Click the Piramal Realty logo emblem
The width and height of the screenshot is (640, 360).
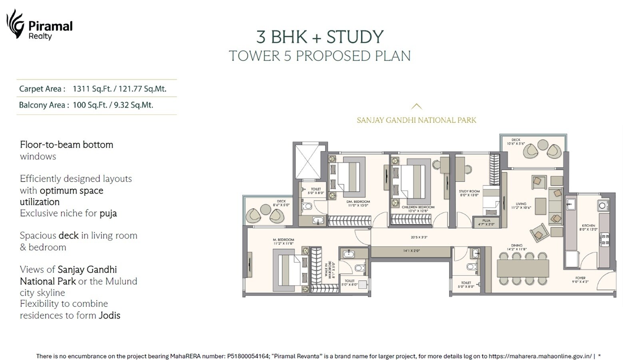click(x=15, y=24)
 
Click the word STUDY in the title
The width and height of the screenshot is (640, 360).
click(x=355, y=37)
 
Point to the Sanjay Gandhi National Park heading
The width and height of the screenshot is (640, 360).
click(x=416, y=120)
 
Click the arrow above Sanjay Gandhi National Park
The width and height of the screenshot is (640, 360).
click(x=416, y=106)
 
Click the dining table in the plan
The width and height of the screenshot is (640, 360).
click(x=522, y=268)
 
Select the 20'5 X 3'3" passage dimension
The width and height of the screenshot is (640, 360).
click(x=419, y=237)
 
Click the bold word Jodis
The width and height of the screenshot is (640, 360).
click(x=109, y=315)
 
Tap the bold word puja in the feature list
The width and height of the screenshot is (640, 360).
click(x=108, y=213)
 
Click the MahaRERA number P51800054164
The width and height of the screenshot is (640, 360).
click(x=248, y=356)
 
